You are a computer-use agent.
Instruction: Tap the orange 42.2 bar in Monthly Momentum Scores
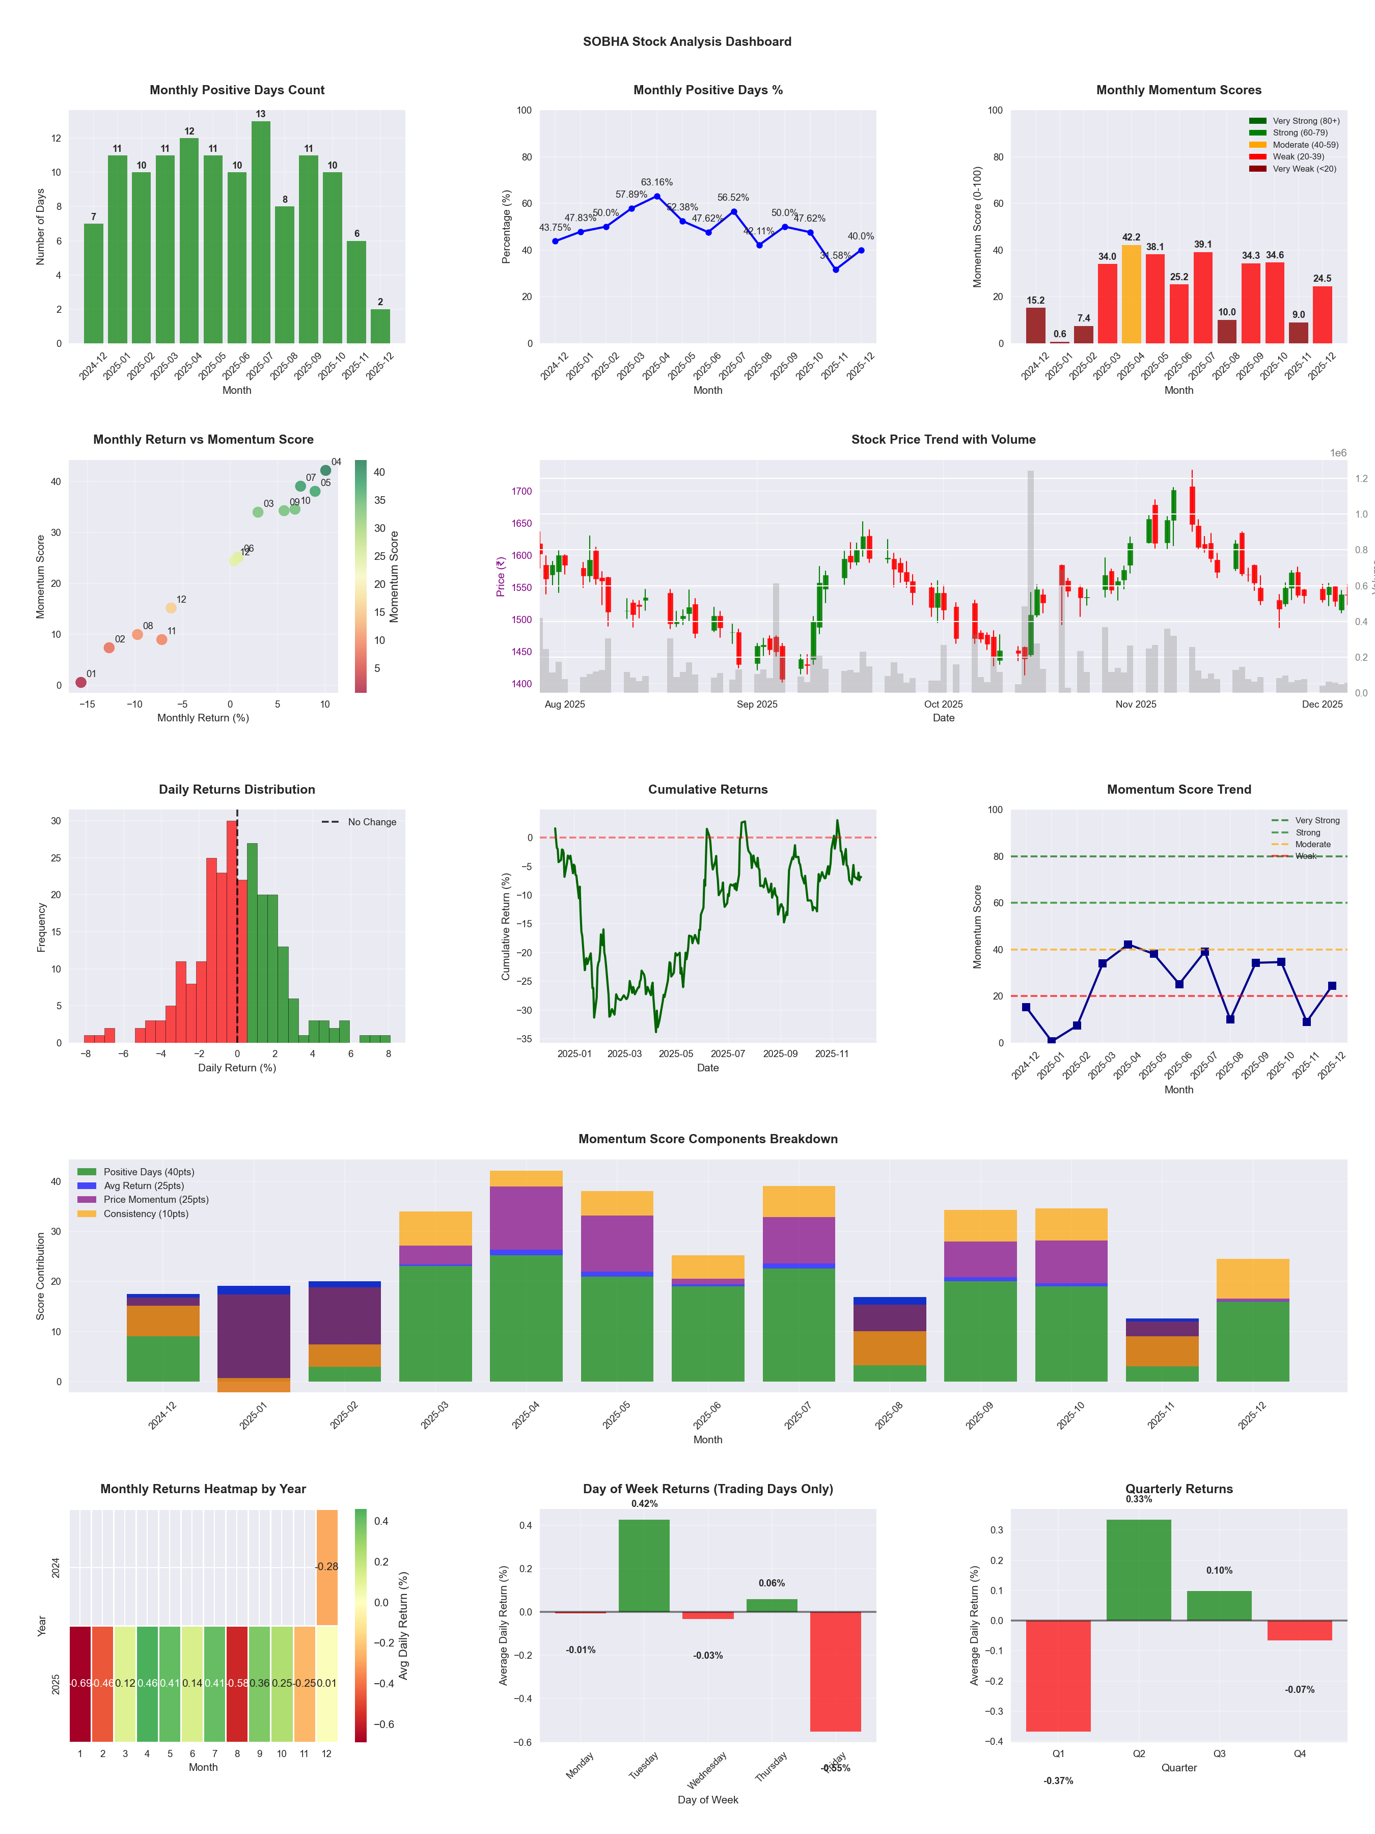coord(1132,294)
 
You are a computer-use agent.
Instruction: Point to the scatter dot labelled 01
coord(81,682)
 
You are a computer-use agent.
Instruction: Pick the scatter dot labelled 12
coord(171,608)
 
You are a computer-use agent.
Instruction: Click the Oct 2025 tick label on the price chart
coord(943,705)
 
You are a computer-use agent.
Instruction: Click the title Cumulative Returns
coord(708,789)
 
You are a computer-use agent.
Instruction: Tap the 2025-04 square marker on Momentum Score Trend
coord(1128,945)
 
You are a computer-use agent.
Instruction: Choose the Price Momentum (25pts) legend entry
coord(156,1200)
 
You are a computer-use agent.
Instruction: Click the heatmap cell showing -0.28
coord(326,1567)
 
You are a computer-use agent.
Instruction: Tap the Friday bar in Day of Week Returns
coord(836,1671)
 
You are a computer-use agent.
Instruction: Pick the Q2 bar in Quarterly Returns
coord(1139,1570)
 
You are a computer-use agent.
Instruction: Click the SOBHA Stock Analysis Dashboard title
coord(687,41)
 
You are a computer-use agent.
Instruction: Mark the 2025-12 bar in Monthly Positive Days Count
coord(380,326)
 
